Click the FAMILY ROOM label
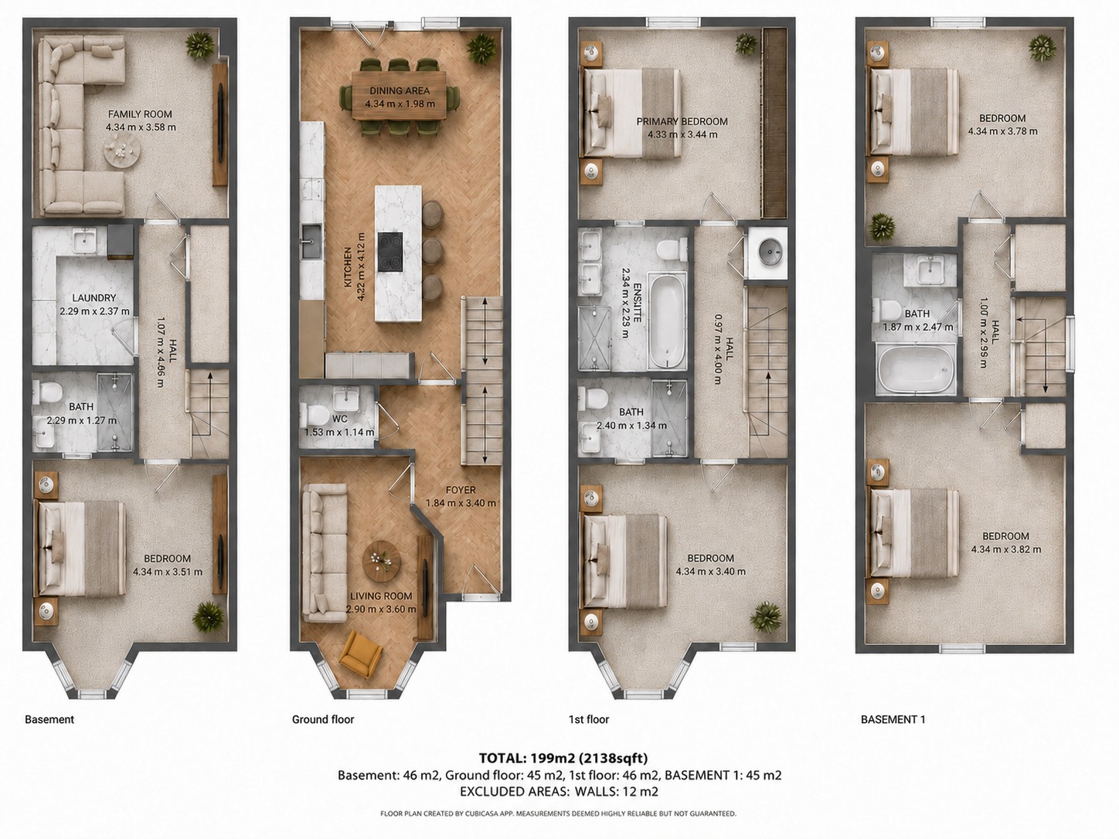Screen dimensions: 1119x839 [140, 114]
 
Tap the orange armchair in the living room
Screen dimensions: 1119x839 [361, 654]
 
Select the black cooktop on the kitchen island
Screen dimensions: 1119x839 [390, 252]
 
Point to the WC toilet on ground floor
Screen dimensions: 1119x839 [314, 416]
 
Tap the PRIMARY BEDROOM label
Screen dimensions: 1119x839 [682, 121]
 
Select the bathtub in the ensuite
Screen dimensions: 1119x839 [667, 321]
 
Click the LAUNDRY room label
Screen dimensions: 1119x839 [94, 298]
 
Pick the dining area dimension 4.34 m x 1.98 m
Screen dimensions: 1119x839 [400, 104]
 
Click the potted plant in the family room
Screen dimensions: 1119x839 [199, 46]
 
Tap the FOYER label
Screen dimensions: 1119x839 [461, 490]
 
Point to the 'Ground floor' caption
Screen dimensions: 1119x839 [323, 719]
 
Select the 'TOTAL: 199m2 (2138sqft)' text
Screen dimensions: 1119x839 [563, 758]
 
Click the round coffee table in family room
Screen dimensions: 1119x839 [122, 151]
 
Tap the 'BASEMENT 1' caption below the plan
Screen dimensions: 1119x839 [893, 719]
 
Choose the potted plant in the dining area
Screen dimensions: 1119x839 [481, 49]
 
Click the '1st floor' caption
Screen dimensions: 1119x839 [589, 719]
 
